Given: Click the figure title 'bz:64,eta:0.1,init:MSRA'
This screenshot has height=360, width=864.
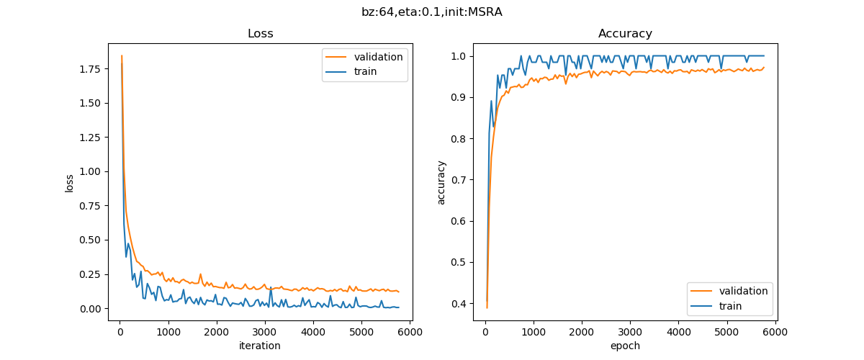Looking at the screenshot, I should [432, 12].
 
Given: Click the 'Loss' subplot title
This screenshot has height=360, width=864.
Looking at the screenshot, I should [260, 34].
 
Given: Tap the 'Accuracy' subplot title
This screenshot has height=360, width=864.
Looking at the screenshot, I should [625, 34].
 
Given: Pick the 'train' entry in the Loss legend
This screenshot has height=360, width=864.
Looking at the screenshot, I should [365, 71].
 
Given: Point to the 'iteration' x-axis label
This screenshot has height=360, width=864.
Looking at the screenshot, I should [260, 346].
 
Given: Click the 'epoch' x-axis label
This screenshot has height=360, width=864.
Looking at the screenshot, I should [625, 346].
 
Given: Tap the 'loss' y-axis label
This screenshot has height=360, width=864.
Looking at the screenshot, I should [70, 183].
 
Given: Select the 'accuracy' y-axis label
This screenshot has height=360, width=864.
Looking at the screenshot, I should [441, 183].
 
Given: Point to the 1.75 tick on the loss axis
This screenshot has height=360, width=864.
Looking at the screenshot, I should [91, 69].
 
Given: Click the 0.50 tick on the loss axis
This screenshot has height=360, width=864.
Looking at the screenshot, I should [91, 240].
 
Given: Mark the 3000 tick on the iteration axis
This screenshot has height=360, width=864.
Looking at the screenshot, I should [265, 332].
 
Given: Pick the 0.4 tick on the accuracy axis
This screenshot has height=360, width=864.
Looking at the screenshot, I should [461, 303].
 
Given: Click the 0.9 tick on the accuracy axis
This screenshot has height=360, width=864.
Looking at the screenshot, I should [461, 97].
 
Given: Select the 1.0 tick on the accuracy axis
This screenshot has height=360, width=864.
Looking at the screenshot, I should [461, 56].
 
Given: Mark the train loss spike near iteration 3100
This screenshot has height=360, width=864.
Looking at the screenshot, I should [270, 289].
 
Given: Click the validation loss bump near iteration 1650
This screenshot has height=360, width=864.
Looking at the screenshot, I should [200, 274].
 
